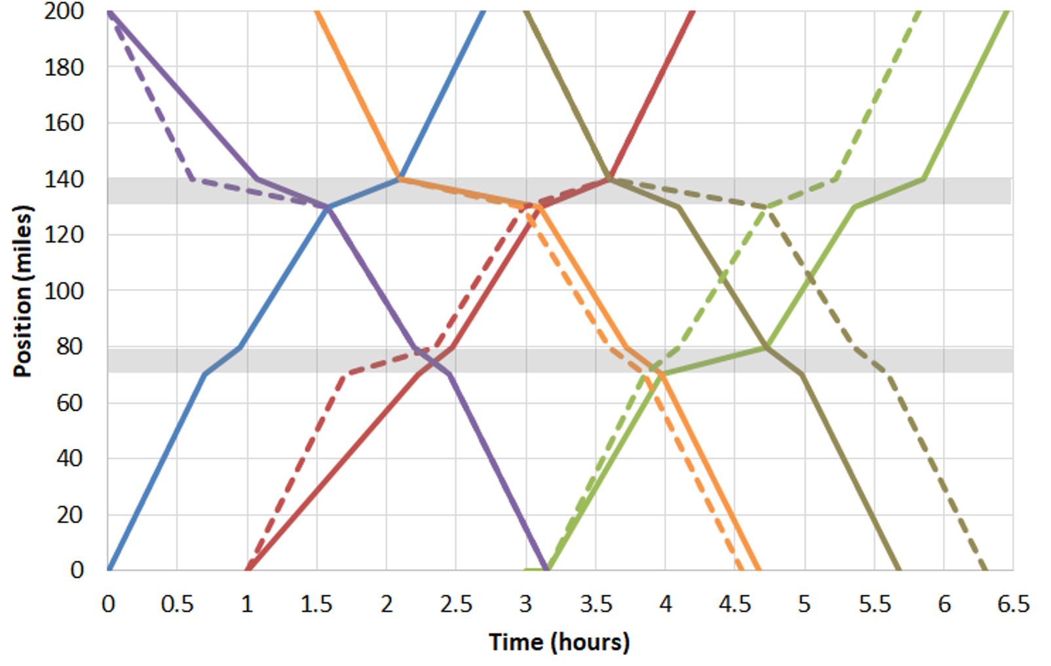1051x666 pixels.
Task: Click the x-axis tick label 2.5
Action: coord(456,604)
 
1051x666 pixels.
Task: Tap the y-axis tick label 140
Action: coord(64,179)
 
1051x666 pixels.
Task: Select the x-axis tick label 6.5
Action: coord(1013,604)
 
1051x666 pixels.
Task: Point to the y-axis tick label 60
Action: coord(70,402)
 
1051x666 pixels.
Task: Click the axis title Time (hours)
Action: coord(559,642)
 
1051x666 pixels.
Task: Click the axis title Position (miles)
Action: coord(22,292)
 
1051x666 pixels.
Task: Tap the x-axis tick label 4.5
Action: coord(735,604)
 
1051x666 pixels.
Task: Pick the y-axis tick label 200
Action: coord(64,11)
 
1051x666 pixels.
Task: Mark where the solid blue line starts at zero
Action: coord(109,569)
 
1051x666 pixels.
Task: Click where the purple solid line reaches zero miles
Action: coord(546,569)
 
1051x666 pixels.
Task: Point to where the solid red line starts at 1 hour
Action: coord(248,569)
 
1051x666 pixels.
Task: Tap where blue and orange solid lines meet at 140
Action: coord(400,178)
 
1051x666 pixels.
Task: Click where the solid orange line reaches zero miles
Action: coord(758,569)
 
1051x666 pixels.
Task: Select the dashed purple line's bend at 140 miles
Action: coord(191,179)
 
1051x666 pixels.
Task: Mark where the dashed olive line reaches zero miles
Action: coord(985,569)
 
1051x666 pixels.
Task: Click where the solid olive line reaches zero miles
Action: coord(899,569)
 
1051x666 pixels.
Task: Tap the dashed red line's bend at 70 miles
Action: coord(346,374)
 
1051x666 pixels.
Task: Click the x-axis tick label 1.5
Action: coord(316,604)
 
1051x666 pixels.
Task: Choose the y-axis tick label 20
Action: coord(70,515)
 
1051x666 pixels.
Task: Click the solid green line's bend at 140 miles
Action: coord(924,178)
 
